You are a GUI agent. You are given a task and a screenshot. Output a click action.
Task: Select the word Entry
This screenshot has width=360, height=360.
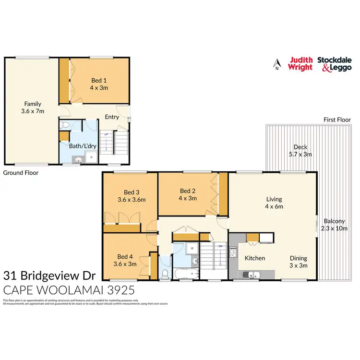(x=112, y=117)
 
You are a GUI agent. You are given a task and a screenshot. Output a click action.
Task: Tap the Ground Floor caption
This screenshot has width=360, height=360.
(x=21, y=172)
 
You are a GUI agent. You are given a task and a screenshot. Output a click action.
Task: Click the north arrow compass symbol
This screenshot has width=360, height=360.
(x=276, y=63)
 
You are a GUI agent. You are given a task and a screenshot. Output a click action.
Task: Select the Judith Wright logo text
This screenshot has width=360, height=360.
(x=300, y=63)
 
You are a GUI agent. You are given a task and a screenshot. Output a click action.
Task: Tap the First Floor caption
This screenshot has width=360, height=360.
(x=337, y=120)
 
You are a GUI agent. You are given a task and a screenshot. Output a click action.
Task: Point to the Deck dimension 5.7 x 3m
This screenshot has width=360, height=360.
(x=300, y=155)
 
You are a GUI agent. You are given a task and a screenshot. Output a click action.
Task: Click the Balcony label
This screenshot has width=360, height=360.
(x=333, y=221)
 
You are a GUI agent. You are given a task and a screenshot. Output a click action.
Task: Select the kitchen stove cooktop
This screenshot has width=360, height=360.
(x=234, y=252)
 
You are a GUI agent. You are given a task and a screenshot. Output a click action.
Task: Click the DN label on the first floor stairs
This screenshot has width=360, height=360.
(x=220, y=247)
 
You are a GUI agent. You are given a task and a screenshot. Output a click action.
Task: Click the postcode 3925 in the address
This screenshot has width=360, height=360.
(x=120, y=290)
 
